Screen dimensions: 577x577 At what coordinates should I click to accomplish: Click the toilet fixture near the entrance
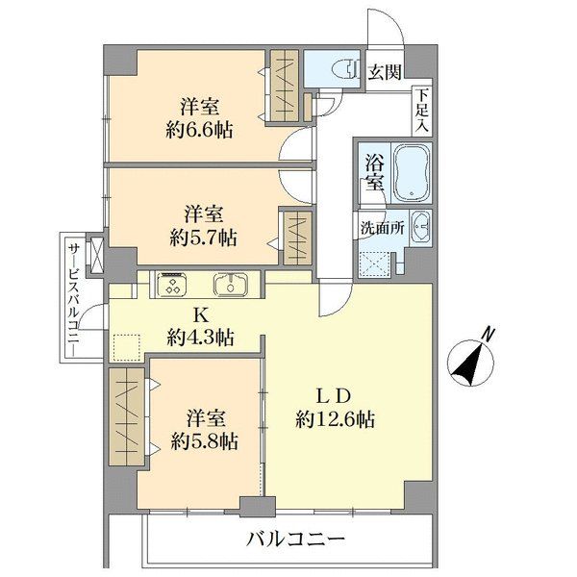[339, 69]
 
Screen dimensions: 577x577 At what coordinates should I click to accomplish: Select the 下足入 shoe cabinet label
[422, 110]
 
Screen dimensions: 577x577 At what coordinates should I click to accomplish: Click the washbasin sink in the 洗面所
[420, 228]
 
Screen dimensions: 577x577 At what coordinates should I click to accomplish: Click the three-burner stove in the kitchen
[172, 285]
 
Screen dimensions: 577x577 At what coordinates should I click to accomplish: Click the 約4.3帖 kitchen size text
[201, 338]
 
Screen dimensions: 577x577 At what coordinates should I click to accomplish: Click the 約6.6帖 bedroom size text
[201, 127]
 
